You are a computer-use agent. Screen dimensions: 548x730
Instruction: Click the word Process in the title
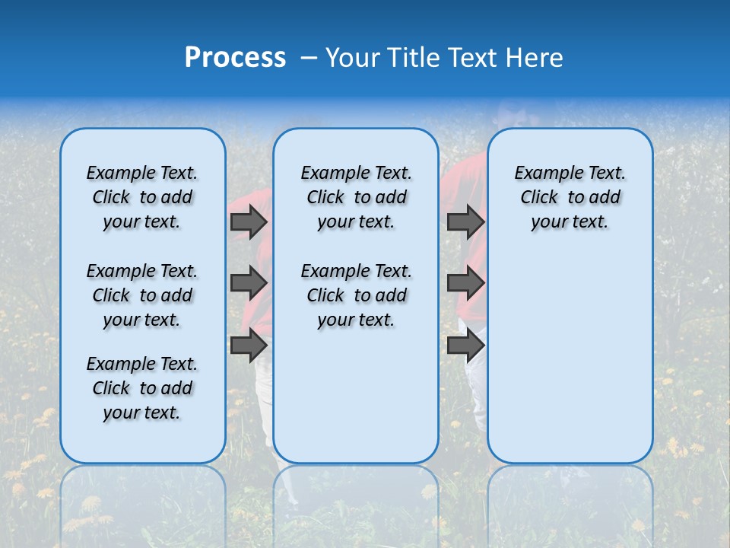(x=235, y=57)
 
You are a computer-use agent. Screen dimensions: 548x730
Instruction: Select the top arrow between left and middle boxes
(x=249, y=221)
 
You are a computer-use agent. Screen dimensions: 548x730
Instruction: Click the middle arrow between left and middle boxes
(x=249, y=283)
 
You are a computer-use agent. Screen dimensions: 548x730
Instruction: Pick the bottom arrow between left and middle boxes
(x=249, y=345)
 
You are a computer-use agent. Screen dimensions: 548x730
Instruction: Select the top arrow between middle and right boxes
(x=465, y=221)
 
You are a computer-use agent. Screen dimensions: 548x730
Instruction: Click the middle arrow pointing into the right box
(x=465, y=283)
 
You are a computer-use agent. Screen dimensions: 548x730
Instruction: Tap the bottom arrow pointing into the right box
(x=465, y=345)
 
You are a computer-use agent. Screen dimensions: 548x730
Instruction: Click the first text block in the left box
(x=142, y=197)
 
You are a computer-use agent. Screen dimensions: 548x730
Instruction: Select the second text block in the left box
(x=142, y=295)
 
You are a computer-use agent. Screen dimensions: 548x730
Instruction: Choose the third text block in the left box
(x=142, y=388)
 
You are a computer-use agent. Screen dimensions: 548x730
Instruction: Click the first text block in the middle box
(x=357, y=197)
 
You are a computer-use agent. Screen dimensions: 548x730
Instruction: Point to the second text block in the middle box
(x=357, y=295)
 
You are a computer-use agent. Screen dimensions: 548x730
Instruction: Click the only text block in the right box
(x=570, y=197)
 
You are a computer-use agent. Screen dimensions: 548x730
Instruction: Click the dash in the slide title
(x=309, y=58)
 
